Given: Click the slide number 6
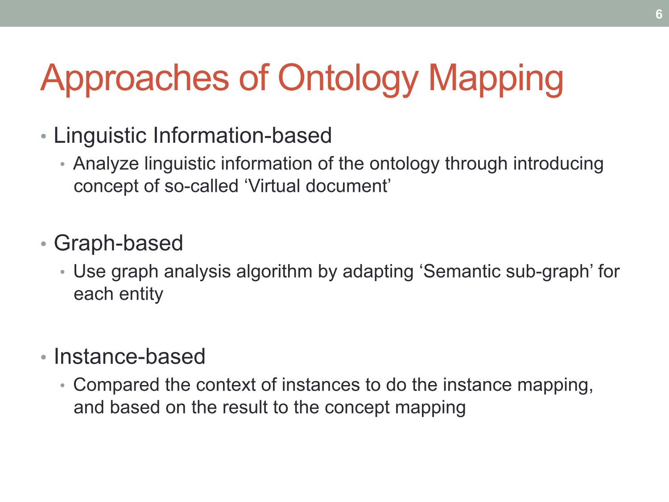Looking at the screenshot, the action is (659, 14).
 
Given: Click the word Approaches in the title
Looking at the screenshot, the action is (134, 79).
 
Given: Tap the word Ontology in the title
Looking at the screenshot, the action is (348, 79).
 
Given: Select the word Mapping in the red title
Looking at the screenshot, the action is (496, 79).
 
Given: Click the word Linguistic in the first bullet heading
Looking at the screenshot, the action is (100, 136).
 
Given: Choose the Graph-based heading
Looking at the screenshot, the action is (118, 244).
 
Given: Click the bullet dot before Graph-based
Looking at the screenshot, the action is (44, 244).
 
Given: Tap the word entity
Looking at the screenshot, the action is (141, 295).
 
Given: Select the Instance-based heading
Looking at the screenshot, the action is (129, 356).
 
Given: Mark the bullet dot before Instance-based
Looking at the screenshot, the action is (44, 357).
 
